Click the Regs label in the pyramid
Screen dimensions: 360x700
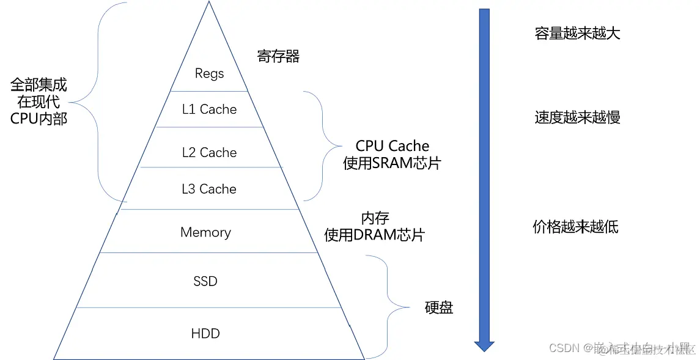pos(209,73)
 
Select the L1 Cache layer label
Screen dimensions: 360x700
pos(209,109)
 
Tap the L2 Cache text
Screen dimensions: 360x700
pos(209,153)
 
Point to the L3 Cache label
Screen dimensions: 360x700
pos(209,189)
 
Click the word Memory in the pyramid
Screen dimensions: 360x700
pos(205,232)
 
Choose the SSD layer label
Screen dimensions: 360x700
pos(205,281)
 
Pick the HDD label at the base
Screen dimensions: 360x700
pos(205,334)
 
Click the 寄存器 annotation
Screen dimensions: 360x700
pos(278,57)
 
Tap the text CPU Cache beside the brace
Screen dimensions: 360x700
pos(392,146)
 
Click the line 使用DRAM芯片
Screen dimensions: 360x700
pos(374,235)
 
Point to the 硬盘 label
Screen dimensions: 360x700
pos(439,307)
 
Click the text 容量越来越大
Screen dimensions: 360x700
pos(577,34)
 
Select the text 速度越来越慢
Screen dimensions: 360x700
pos(577,117)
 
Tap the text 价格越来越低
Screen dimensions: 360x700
pos(575,227)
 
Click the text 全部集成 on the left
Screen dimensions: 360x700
pos(39,85)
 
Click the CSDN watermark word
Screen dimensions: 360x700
pos(564,348)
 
